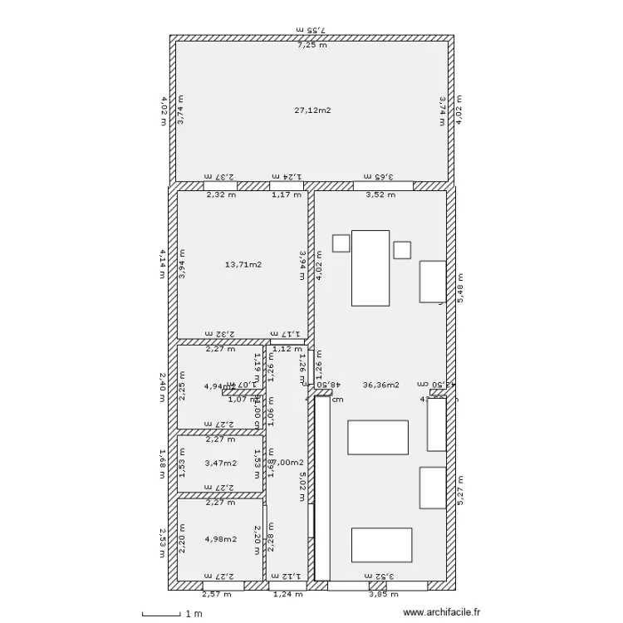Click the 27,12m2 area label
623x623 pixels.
tap(312, 110)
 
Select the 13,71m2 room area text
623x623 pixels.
tap(243, 265)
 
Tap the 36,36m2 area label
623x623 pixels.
tap(381, 385)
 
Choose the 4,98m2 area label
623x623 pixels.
tap(220, 539)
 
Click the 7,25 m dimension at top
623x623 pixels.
tap(312, 46)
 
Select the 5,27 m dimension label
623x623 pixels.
tap(462, 490)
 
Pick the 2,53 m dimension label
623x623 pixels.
tap(164, 543)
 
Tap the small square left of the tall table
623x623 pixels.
tap(341, 243)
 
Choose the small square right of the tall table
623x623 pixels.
tap(402, 249)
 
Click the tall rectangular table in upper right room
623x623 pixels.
tap(370, 267)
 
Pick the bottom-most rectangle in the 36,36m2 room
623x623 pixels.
tap(380, 545)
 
